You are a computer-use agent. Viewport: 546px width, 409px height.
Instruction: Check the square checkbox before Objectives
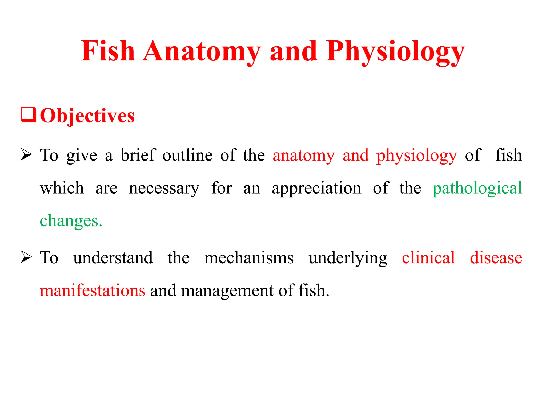(x=29, y=115)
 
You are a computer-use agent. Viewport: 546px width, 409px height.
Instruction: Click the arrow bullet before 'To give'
(x=26, y=155)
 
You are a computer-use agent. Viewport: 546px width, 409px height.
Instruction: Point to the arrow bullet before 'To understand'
(x=26, y=257)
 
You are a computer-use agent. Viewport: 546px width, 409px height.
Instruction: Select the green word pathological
(x=477, y=188)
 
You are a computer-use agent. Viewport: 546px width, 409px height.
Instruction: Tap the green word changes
(x=71, y=221)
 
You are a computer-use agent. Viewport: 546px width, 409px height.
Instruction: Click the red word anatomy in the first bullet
(x=303, y=155)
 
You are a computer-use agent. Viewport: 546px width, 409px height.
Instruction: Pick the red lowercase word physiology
(x=416, y=156)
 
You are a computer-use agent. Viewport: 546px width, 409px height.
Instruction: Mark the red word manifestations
(x=93, y=290)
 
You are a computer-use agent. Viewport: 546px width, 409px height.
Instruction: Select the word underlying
(x=348, y=258)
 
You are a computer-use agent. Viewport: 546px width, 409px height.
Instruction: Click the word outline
(x=187, y=155)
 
